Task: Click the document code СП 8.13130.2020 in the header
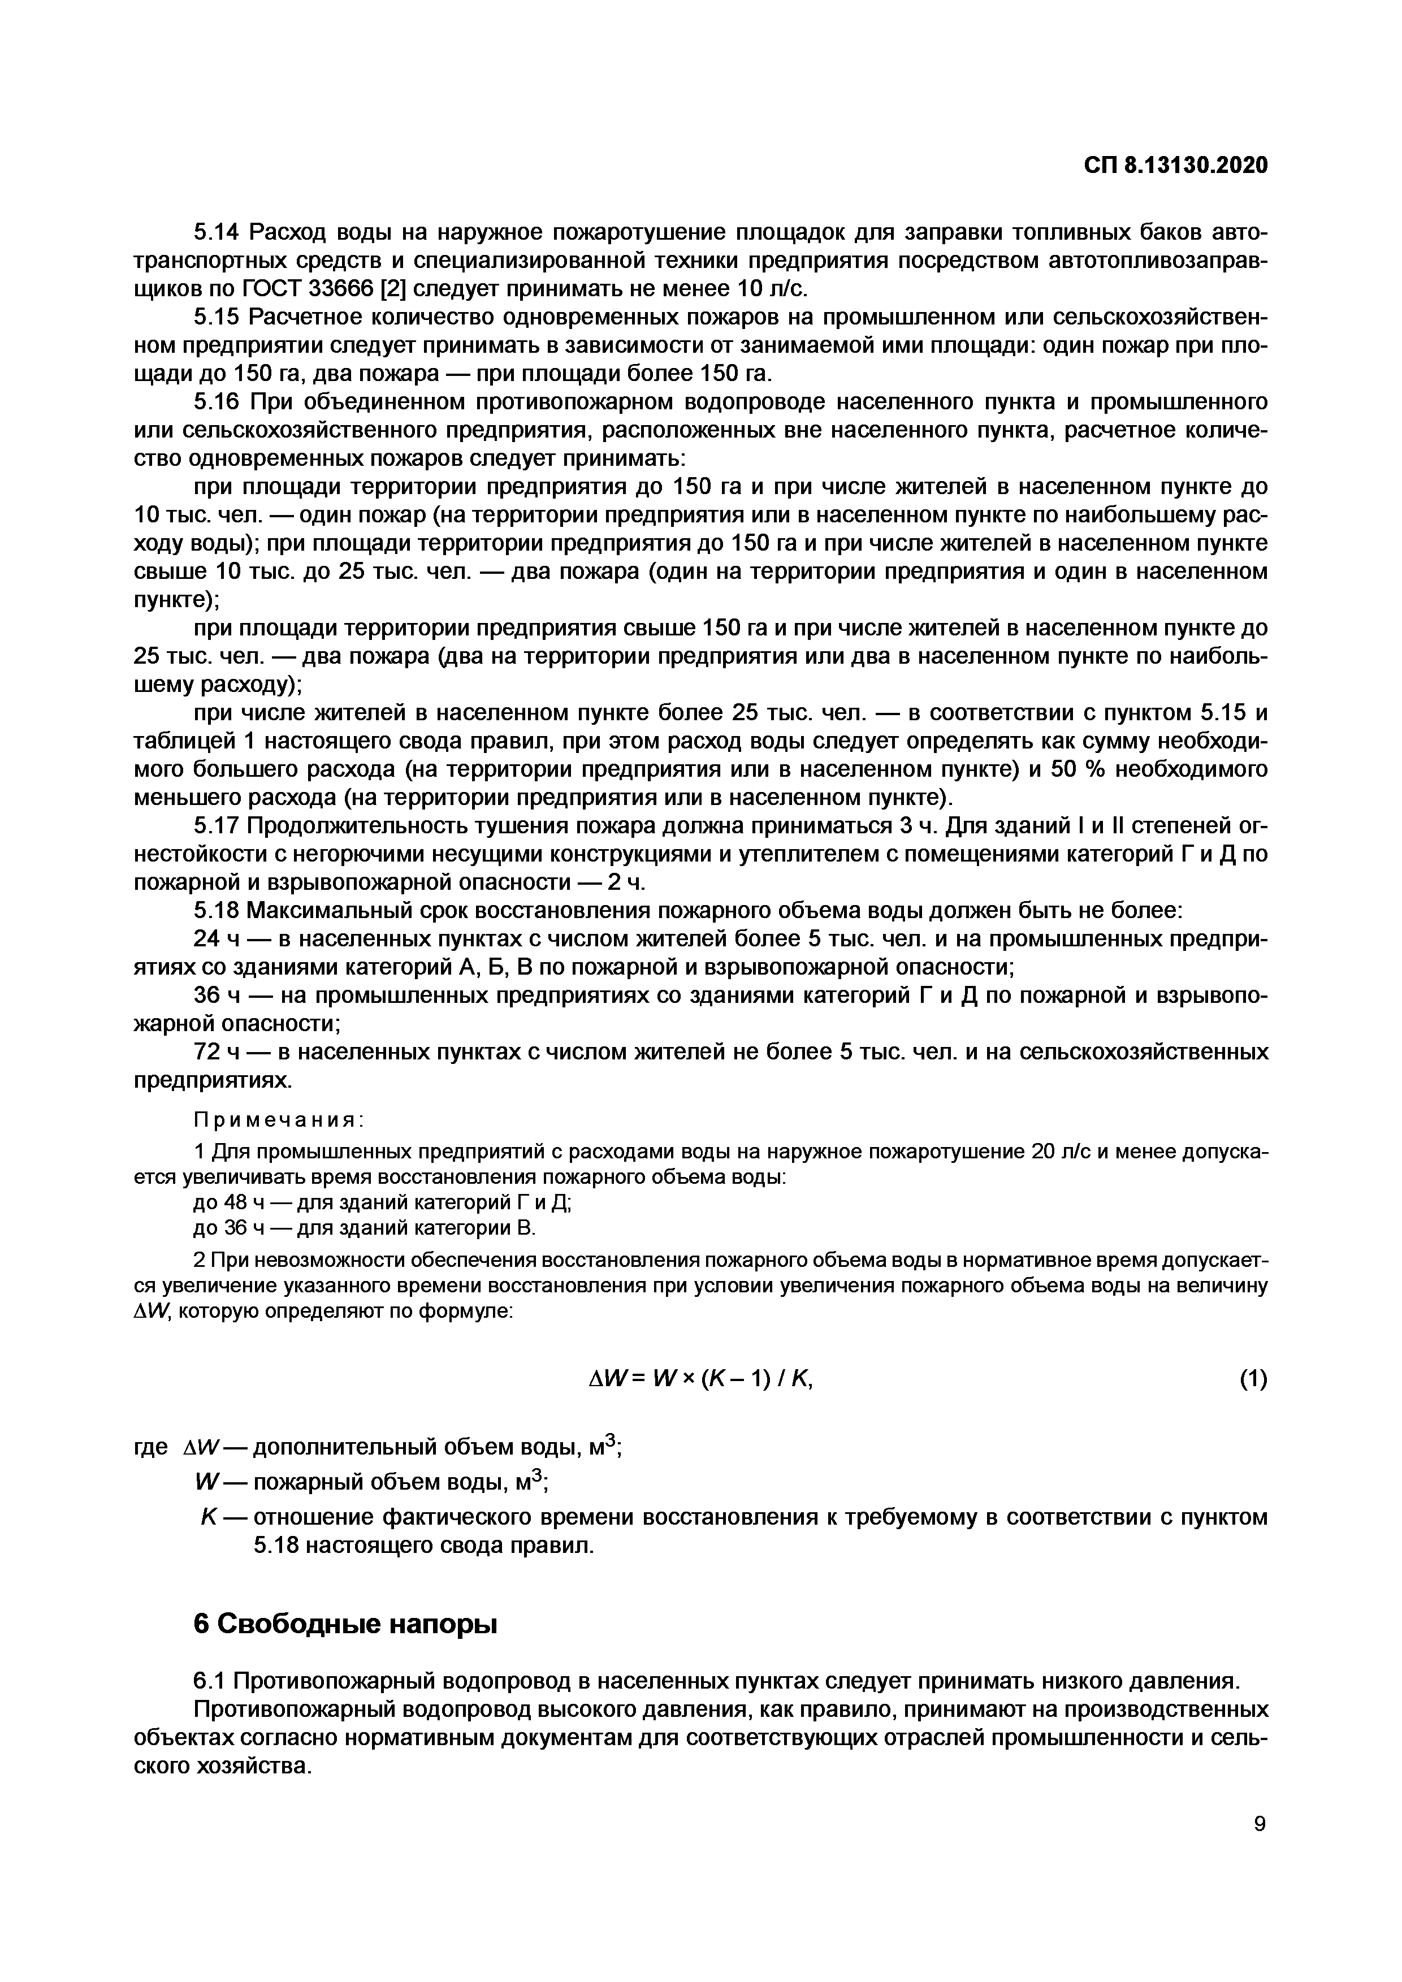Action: (x=1176, y=166)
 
